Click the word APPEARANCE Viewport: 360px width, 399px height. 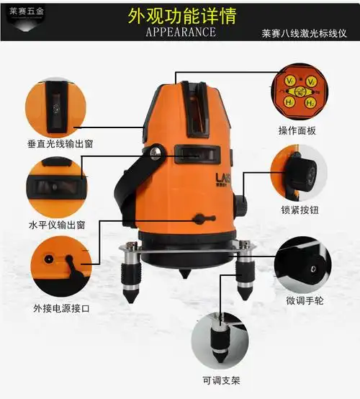coord(180,32)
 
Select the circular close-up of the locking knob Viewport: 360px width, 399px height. coord(299,174)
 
